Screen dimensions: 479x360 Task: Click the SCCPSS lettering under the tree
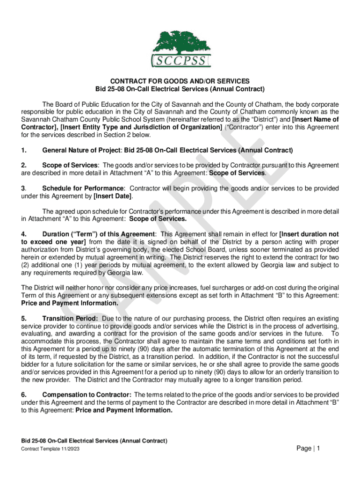pos(181,61)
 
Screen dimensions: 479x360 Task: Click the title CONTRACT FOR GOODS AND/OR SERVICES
pos(180,81)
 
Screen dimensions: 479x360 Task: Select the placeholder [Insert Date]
pos(113,196)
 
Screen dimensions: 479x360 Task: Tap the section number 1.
pos(23,150)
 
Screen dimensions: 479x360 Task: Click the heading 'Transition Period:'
pos(70,319)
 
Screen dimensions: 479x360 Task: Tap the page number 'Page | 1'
pos(308,449)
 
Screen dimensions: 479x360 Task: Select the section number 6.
pos(23,395)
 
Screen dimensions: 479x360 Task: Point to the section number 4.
pos(23,234)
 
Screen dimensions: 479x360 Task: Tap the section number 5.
pos(23,319)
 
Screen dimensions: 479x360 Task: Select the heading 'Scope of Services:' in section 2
pos(71,166)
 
